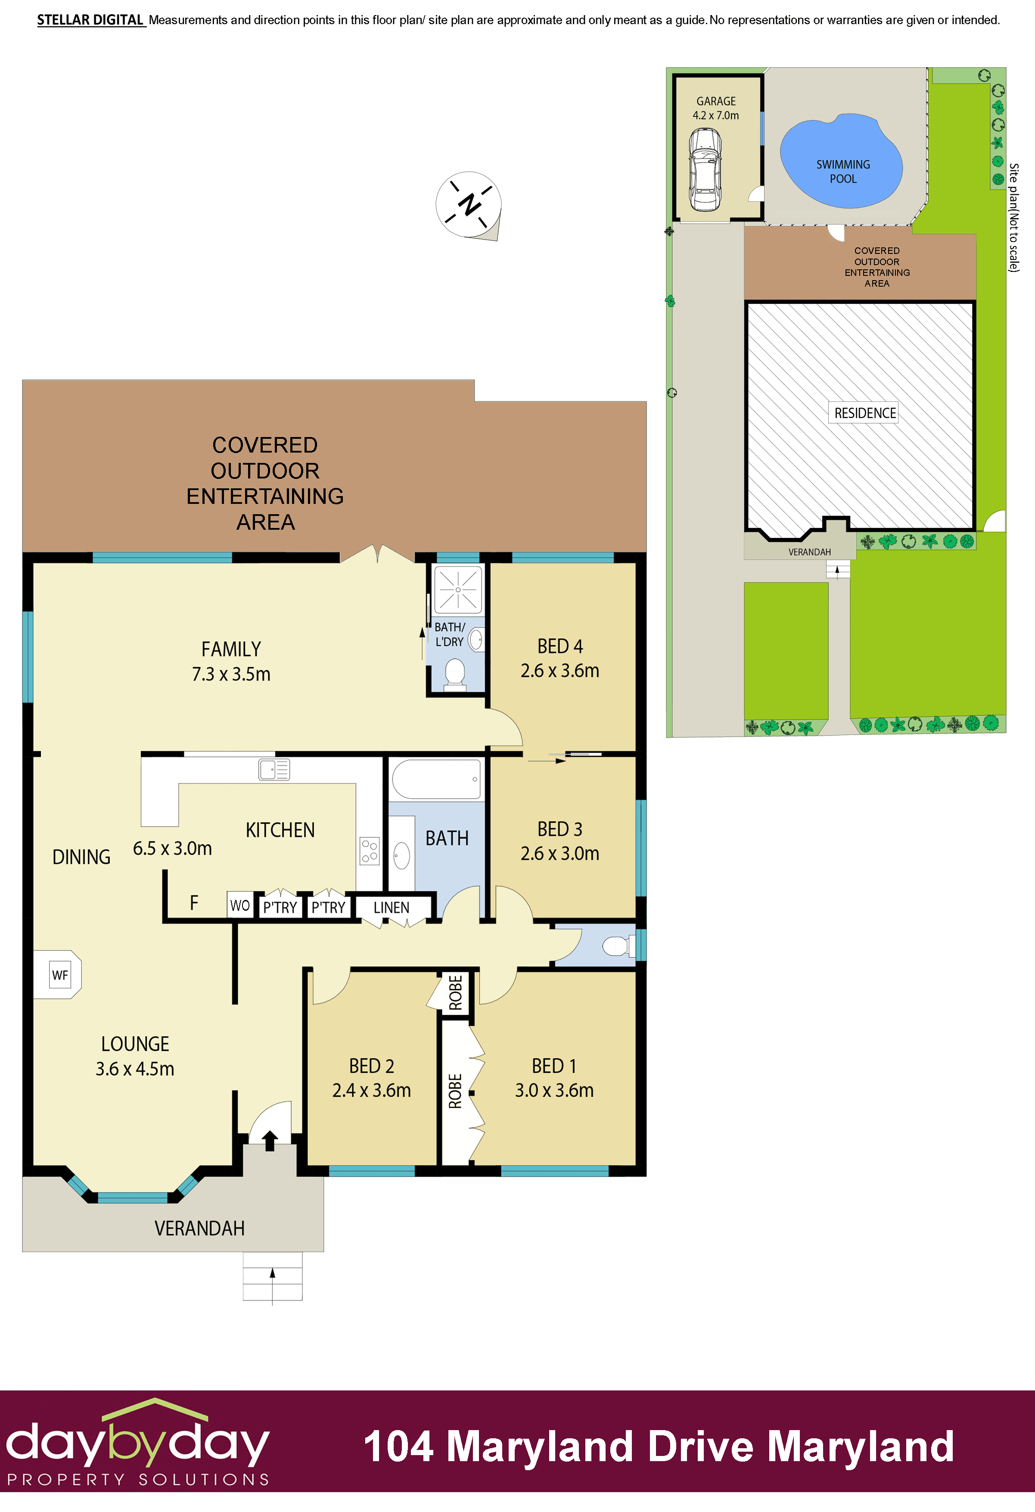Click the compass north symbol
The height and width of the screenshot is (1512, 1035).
coord(469,205)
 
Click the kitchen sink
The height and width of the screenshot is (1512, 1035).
coord(274,770)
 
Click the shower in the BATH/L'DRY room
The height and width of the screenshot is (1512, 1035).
coord(458,590)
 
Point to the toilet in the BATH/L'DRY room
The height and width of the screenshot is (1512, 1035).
coord(455,673)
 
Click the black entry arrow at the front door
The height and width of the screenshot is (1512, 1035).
coord(270,1140)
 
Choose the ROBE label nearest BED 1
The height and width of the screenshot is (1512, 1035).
coord(455,1091)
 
